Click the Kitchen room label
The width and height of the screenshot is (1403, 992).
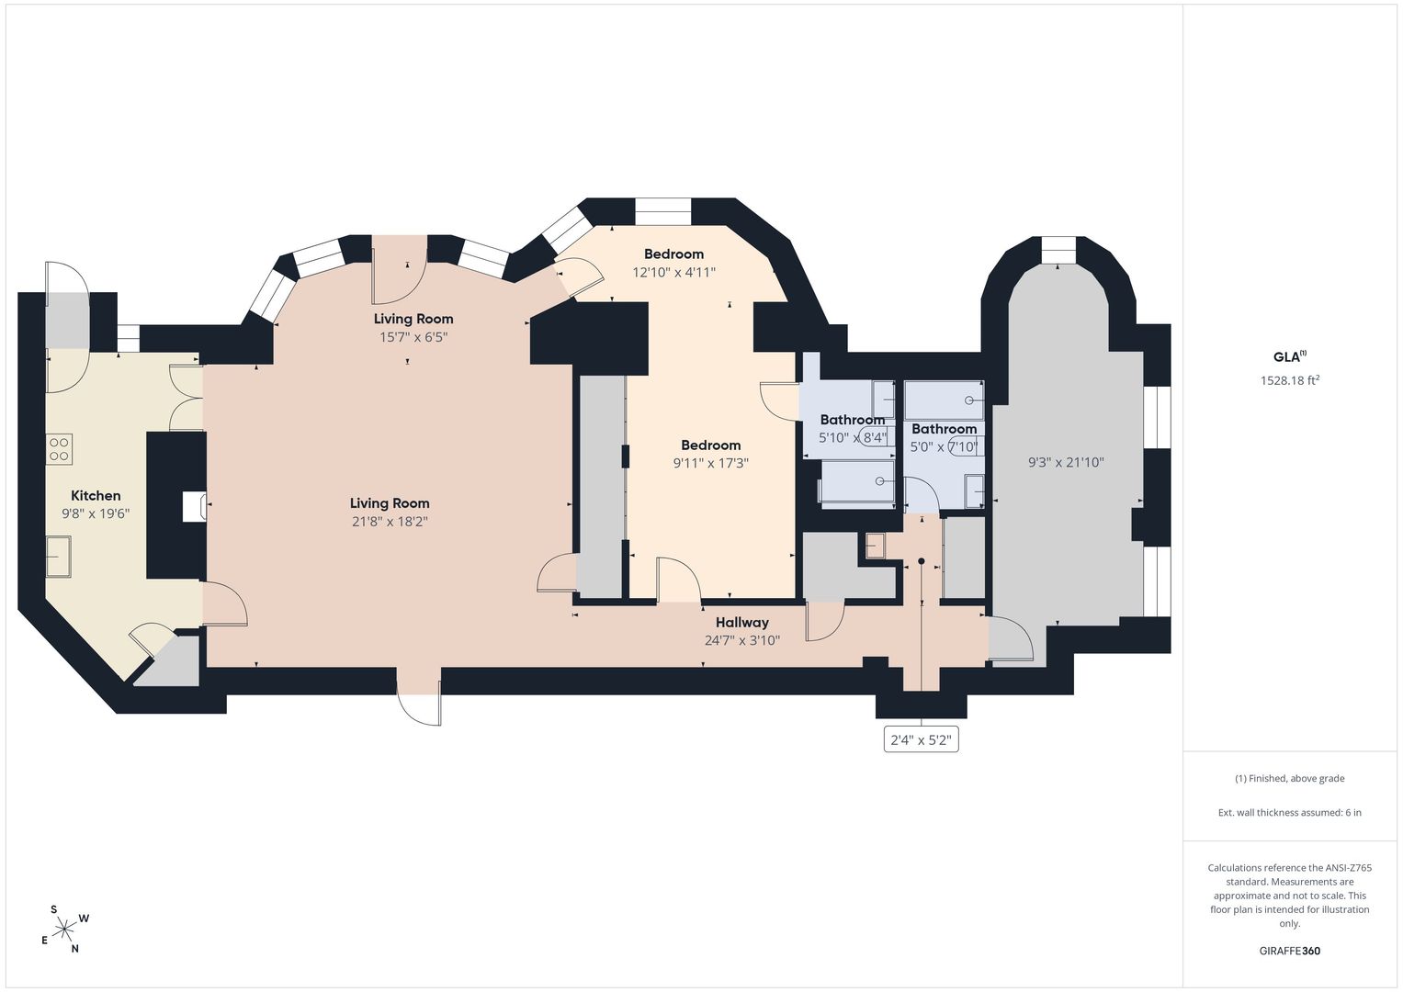[x=96, y=495]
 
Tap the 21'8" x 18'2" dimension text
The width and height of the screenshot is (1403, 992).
[x=390, y=521]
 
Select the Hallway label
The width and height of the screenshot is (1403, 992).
[x=742, y=623]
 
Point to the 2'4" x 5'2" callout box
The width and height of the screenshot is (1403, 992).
[x=921, y=739]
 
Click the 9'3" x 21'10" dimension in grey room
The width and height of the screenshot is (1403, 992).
[x=1066, y=462]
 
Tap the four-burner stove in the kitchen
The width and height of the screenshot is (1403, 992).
[x=59, y=449]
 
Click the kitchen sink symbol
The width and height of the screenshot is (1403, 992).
[x=59, y=556]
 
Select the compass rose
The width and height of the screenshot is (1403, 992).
[x=64, y=928]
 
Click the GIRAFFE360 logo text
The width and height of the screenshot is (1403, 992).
[x=1290, y=951]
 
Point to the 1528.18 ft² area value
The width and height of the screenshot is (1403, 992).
[x=1290, y=380]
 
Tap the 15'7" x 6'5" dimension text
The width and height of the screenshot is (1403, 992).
[x=413, y=337]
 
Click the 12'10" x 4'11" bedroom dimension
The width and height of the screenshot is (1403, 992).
[x=674, y=272]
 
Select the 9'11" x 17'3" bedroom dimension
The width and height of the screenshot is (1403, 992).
[x=711, y=463]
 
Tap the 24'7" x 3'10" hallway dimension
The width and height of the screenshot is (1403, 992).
[x=742, y=640]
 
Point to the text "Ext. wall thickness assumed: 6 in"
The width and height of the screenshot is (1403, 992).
[x=1290, y=812]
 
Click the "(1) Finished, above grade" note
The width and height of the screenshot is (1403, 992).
[x=1290, y=779]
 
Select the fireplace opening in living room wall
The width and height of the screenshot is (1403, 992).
[x=194, y=506]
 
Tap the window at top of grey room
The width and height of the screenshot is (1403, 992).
[x=1058, y=251]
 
